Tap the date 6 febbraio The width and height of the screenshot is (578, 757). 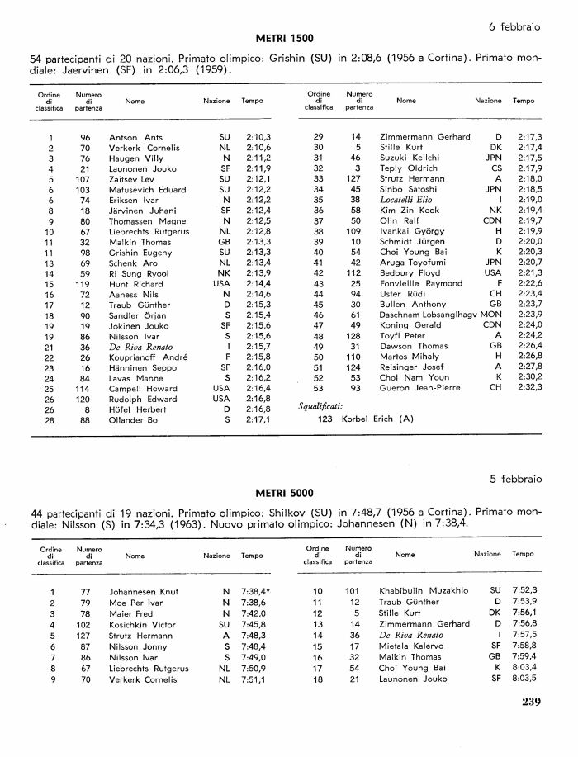pyautogui.click(x=514, y=26)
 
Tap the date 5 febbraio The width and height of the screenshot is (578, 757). pyautogui.click(x=514, y=478)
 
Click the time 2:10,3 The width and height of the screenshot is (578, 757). pyautogui.click(x=258, y=137)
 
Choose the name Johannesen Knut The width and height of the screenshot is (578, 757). pyautogui.click(x=142, y=592)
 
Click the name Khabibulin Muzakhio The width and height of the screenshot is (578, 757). pyautogui.click(x=424, y=591)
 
